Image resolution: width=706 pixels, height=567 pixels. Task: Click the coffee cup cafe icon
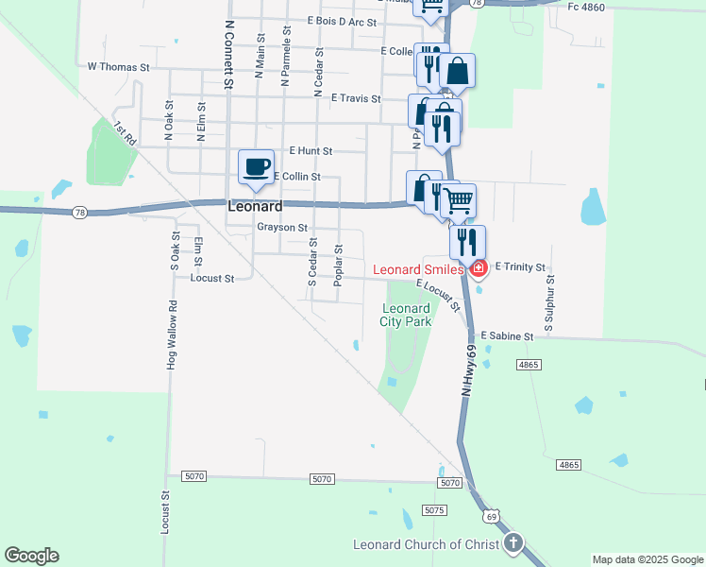tap(256, 167)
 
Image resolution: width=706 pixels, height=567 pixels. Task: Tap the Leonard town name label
tap(255, 206)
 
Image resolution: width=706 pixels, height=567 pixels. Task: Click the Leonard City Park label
tap(406, 315)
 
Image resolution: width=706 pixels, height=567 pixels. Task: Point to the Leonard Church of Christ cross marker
tap(513, 543)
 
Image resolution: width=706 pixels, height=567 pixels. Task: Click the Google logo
tap(31, 556)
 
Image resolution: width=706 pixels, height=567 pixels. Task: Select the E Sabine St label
tap(507, 335)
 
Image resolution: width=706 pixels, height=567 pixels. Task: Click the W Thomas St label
tap(119, 67)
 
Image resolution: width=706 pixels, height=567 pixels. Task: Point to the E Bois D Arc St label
tap(342, 22)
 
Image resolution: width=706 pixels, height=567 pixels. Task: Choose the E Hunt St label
tap(311, 150)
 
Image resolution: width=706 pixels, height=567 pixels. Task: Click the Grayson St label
tap(282, 228)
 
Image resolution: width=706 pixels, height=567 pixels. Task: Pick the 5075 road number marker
tap(434, 510)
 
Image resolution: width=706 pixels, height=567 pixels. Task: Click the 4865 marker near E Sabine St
tap(529, 364)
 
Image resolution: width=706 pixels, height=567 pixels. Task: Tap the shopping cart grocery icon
tap(459, 199)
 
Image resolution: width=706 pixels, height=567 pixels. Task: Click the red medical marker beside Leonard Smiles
tap(479, 269)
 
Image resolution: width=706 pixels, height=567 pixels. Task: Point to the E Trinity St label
tap(520, 267)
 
